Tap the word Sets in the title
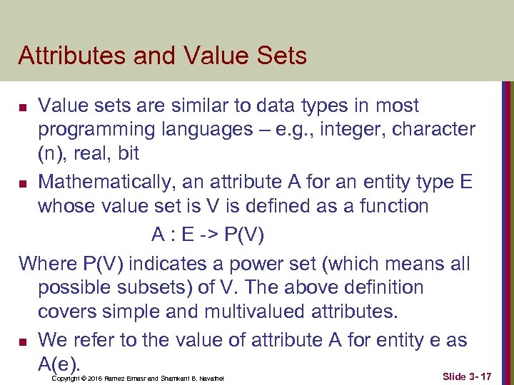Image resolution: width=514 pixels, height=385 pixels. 283,56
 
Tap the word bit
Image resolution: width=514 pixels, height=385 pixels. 127,154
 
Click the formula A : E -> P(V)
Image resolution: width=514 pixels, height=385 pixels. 215,234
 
